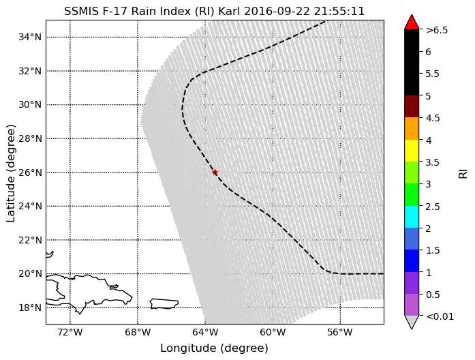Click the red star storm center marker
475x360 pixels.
tap(215, 172)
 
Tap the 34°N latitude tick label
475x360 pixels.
tap(28, 37)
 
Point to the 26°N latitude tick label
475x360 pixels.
tap(28, 172)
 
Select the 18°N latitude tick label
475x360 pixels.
tap(28, 307)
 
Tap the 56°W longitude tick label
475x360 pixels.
tap(340, 332)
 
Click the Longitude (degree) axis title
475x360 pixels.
tap(214, 348)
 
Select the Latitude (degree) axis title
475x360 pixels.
tap(11, 172)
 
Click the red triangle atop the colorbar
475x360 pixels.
tap(412, 22)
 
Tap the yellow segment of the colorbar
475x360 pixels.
tap(412, 151)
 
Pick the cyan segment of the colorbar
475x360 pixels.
tap(412, 217)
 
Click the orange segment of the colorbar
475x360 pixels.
tap(412, 128)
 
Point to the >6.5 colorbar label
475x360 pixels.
tap(436, 30)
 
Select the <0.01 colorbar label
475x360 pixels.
tap(439, 316)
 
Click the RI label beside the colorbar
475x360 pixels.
tap(463, 172)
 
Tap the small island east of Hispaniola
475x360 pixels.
tap(164, 303)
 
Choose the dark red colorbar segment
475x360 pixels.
tap(412, 106)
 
